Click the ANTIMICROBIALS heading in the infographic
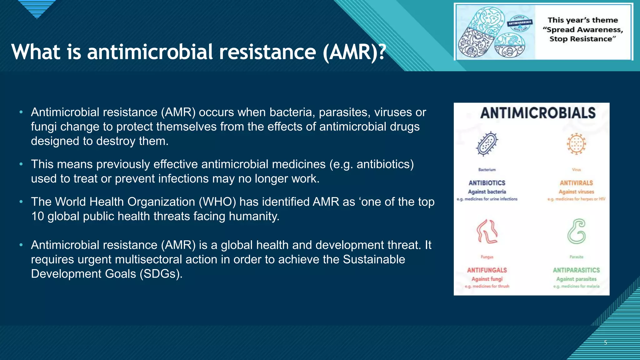click(538, 113)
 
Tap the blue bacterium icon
click(487, 144)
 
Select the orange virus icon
click(576, 144)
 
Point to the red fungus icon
click(487, 232)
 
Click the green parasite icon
click(577, 232)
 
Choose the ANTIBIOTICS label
click(487, 183)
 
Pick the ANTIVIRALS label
click(576, 183)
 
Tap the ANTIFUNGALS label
click(487, 270)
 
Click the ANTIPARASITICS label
click(576, 270)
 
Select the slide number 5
click(605, 342)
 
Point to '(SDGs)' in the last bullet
click(161, 274)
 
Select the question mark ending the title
click(382, 52)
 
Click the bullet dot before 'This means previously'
click(21, 164)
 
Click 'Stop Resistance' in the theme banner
click(582, 39)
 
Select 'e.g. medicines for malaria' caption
click(576, 286)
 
